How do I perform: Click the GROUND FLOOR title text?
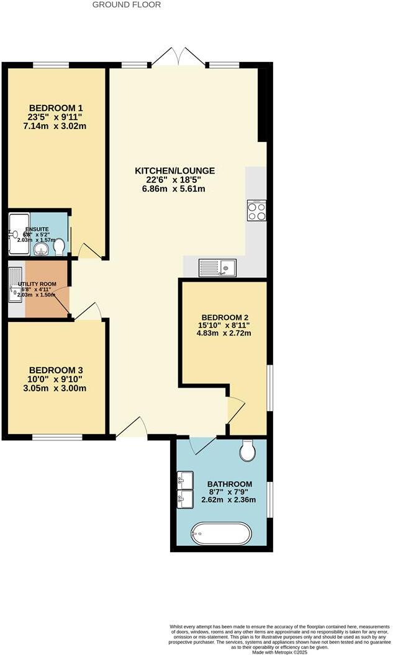[x=126, y=5]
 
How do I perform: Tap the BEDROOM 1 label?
[x=56, y=105]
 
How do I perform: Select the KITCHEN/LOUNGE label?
[x=175, y=171]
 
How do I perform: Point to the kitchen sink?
[x=217, y=268]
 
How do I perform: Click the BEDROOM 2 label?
[x=225, y=315]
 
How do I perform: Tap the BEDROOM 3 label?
[x=56, y=368]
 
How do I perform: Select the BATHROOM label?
[x=230, y=484]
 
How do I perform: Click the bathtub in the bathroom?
[x=221, y=533]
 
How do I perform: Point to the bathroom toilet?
[x=247, y=451]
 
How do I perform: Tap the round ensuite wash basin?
[x=41, y=249]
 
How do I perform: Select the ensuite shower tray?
[x=18, y=234]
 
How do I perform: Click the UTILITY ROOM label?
[x=37, y=283]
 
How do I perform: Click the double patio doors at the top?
[x=178, y=58]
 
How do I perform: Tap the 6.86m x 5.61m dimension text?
[x=175, y=189]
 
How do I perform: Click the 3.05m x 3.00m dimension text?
[x=56, y=389]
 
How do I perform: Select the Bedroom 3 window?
[x=57, y=438]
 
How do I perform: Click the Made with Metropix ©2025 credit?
[x=289, y=651]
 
